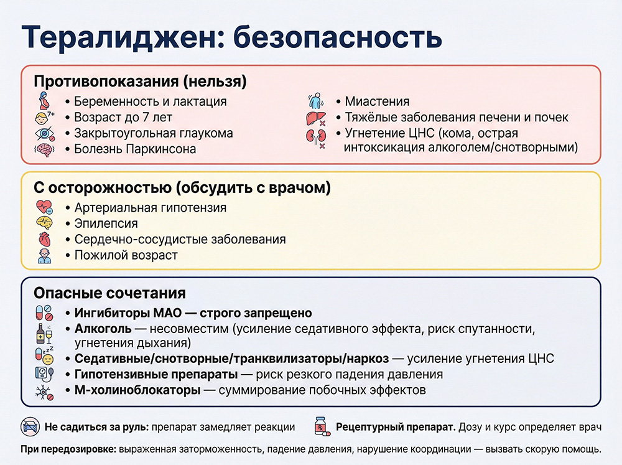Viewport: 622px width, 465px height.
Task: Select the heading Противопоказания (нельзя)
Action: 140,82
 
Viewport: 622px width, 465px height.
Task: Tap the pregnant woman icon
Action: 44,101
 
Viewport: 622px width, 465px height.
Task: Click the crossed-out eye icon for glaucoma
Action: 44,133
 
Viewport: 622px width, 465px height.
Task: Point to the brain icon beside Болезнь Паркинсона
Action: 44,149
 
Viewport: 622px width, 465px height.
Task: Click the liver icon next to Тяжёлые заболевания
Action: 314,117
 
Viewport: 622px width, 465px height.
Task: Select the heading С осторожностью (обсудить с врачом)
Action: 182,188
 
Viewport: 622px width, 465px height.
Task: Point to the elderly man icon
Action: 44,256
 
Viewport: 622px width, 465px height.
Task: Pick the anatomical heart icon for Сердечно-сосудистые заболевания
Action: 44,240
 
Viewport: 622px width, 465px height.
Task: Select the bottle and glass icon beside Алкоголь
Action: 44,334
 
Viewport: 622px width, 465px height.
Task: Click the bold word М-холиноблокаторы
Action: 137,390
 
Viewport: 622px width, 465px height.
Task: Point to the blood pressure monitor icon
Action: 44,374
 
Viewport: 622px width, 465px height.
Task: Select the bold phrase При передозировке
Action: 68,449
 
